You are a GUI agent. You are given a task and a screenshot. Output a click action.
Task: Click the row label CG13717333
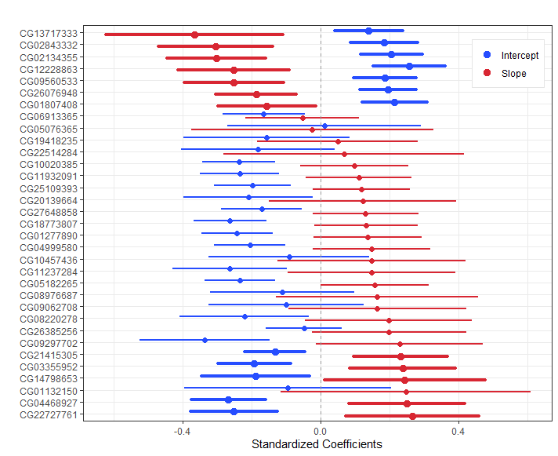[49, 34]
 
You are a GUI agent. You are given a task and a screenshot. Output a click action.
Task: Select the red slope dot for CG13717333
[194, 35]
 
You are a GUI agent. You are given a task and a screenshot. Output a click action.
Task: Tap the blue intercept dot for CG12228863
[410, 66]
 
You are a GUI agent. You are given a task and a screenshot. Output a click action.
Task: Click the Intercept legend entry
[511, 55]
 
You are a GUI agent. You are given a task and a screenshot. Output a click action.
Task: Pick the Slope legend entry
[505, 74]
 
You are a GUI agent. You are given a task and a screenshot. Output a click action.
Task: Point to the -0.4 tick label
[182, 432]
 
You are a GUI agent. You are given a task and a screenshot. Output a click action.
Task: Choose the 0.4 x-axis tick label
[458, 432]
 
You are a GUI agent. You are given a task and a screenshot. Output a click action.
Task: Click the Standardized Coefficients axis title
[317, 444]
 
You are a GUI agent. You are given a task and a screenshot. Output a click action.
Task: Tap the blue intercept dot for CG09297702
[205, 340]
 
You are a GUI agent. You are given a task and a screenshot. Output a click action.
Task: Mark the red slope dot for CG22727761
[412, 416]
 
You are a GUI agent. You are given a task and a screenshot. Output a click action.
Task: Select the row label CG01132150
[49, 392]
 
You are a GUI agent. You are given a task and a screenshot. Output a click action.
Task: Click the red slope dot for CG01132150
[407, 392]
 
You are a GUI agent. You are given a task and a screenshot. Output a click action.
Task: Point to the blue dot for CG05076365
[324, 126]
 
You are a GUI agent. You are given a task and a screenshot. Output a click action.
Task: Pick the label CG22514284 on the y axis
[49, 152]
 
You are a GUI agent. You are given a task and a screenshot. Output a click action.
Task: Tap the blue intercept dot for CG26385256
[304, 329]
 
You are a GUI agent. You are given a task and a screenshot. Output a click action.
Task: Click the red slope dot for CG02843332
[216, 46]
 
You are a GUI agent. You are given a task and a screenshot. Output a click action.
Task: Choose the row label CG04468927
[49, 403]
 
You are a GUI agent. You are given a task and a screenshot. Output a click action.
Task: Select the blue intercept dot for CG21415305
[275, 352]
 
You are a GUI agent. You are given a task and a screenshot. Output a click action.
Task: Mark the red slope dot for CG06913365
[303, 118]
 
